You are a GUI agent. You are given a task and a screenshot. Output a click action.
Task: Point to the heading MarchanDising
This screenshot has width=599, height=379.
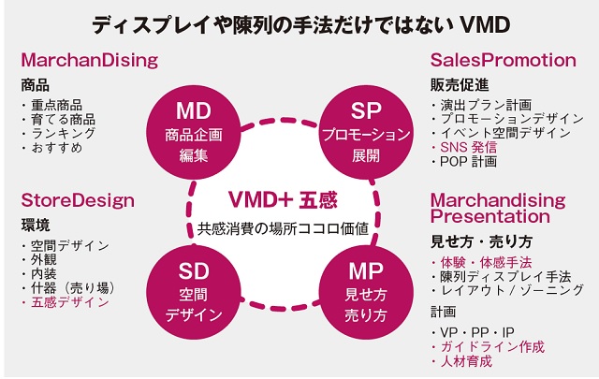point(90,61)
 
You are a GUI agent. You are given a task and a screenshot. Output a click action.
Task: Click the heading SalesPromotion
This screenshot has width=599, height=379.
point(503,61)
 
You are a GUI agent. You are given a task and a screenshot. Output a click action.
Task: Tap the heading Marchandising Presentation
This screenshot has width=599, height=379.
point(497,209)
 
